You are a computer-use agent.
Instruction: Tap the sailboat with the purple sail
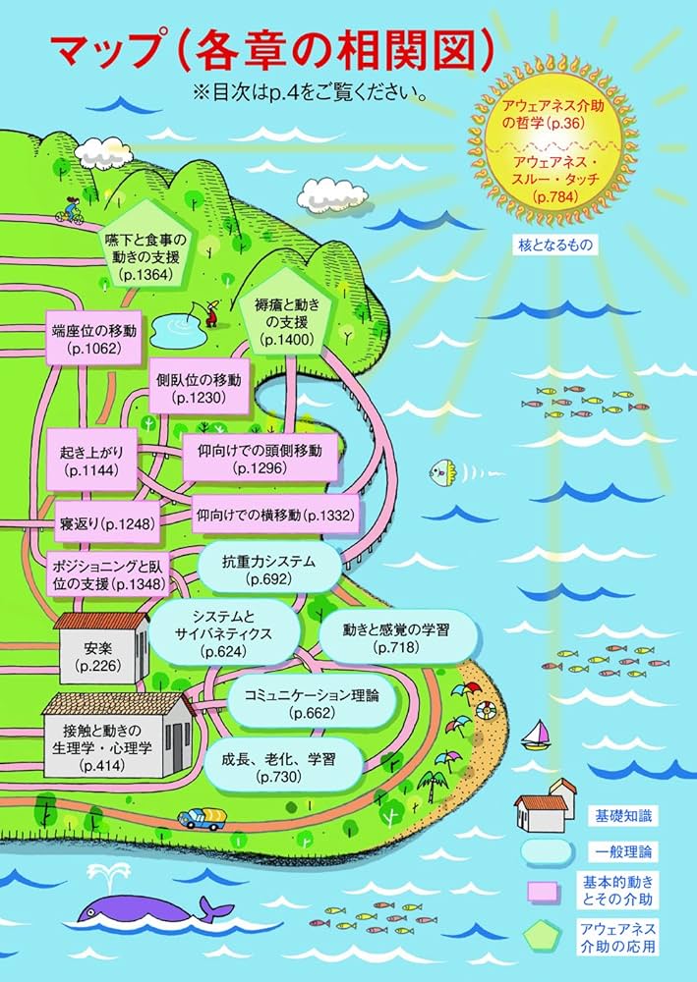pyautogui.click(x=537, y=732)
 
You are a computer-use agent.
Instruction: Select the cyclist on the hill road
pyautogui.click(x=72, y=210)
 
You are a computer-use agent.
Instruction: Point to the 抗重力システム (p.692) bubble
pyautogui.click(x=270, y=571)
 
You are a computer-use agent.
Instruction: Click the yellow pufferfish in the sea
pyautogui.click(x=438, y=472)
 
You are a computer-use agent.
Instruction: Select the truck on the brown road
pyautogui.click(x=203, y=817)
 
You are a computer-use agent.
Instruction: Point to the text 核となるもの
pyautogui.click(x=555, y=245)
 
